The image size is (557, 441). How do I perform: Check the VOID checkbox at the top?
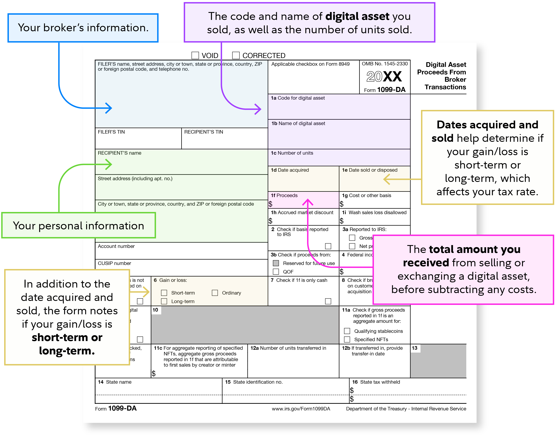(195, 55)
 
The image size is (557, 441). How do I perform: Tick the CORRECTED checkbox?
(236, 55)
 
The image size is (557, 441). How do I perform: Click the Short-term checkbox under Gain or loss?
(164, 293)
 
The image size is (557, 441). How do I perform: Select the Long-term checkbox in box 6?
(164, 301)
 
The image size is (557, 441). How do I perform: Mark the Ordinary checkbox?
(215, 293)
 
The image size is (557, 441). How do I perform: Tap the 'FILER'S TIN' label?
(111, 132)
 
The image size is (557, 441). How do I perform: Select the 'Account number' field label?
(116, 246)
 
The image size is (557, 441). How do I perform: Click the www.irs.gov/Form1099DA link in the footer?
(301, 409)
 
